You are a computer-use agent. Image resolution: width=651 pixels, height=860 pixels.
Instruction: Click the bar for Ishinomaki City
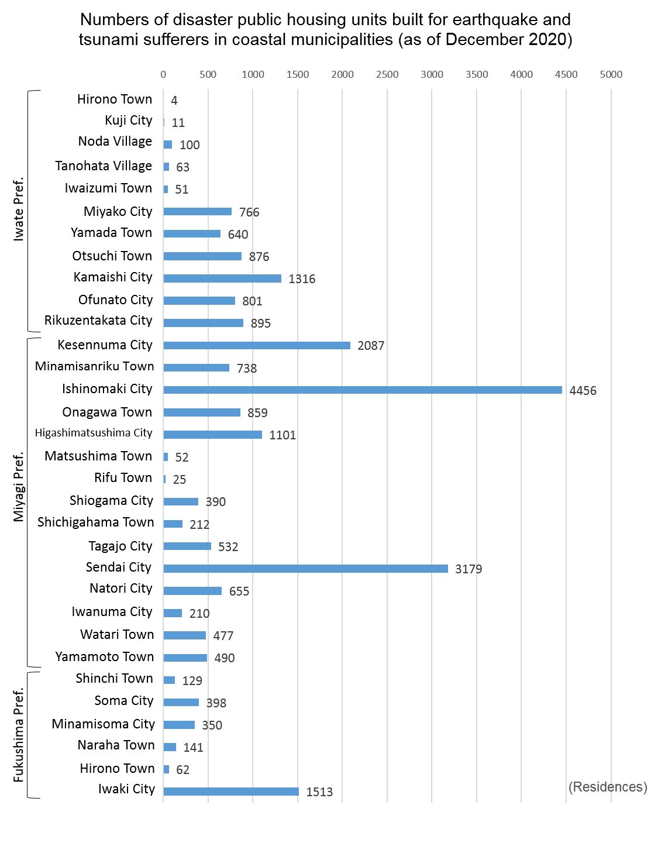[362, 390]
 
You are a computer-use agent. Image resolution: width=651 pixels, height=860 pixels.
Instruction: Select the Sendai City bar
[305, 568]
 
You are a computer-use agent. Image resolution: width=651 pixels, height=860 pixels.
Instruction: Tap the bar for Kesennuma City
[257, 345]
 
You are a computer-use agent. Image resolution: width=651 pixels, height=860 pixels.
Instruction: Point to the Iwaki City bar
[230, 791]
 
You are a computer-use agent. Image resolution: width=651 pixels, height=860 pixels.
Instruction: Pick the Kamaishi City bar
[222, 278]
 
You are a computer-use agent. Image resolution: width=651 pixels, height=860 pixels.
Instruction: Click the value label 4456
[583, 391]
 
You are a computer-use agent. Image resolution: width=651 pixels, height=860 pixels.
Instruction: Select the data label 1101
[282, 435]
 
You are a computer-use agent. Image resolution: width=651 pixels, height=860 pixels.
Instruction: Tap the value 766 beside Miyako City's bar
[249, 212]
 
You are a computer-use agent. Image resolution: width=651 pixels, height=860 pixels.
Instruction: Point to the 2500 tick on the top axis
[387, 74]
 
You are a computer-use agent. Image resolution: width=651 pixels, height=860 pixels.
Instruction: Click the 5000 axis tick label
[611, 74]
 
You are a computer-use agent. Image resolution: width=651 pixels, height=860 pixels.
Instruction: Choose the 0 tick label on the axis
[163, 74]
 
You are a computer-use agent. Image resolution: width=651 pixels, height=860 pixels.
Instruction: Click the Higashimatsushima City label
[93, 432]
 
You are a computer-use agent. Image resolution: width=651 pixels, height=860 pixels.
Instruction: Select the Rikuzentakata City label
[98, 320]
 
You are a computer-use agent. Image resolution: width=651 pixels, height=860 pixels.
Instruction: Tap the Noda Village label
[115, 141]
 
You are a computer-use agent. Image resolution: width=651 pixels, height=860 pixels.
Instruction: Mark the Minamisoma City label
[103, 724]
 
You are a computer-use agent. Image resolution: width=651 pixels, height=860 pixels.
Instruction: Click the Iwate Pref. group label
[18, 209]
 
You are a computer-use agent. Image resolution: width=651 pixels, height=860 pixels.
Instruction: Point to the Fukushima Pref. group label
[18, 735]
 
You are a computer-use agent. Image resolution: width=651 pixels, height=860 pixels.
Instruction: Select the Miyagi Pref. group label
[18, 487]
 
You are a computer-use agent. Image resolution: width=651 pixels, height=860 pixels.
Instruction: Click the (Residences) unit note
[608, 786]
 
